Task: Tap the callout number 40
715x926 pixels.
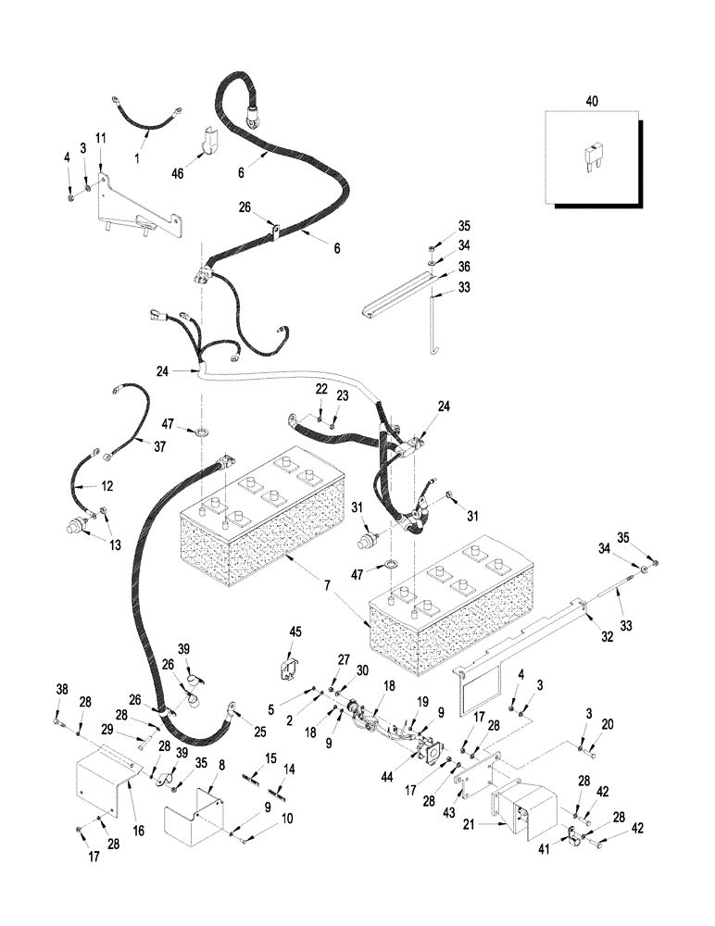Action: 593,99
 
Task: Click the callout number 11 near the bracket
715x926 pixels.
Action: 101,138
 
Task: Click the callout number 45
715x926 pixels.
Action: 295,632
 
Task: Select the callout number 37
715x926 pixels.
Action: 161,445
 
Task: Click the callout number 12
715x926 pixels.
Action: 107,485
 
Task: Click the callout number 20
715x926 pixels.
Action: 608,724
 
